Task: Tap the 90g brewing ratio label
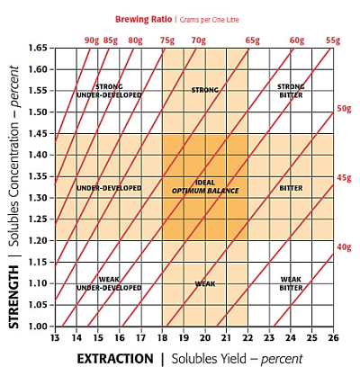pyautogui.click(x=92, y=40)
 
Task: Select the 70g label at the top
pyautogui.click(x=197, y=40)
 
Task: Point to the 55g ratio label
pyautogui.click(x=333, y=40)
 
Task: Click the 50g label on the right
pyautogui.click(x=344, y=108)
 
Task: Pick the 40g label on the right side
pyautogui.click(x=344, y=246)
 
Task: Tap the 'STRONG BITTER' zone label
pyautogui.click(x=291, y=90)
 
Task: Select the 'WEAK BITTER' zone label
pyautogui.click(x=291, y=283)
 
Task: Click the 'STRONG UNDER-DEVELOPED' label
pyautogui.click(x=109, y=90)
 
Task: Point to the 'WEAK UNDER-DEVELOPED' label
pyautogui.click(x=109, y=283)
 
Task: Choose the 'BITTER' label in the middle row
pyautogui.click(x=291, y=188)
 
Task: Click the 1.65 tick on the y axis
pyautogui.click(x=39, y=48)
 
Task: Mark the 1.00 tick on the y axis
pyautogui.click(x=39, y=326)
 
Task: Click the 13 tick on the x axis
pyautogui.click(x=55, y=338)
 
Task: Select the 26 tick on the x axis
pyautogui.click(x=333, y=338)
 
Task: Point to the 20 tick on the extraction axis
pyautogui.click(x=204, y=338)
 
